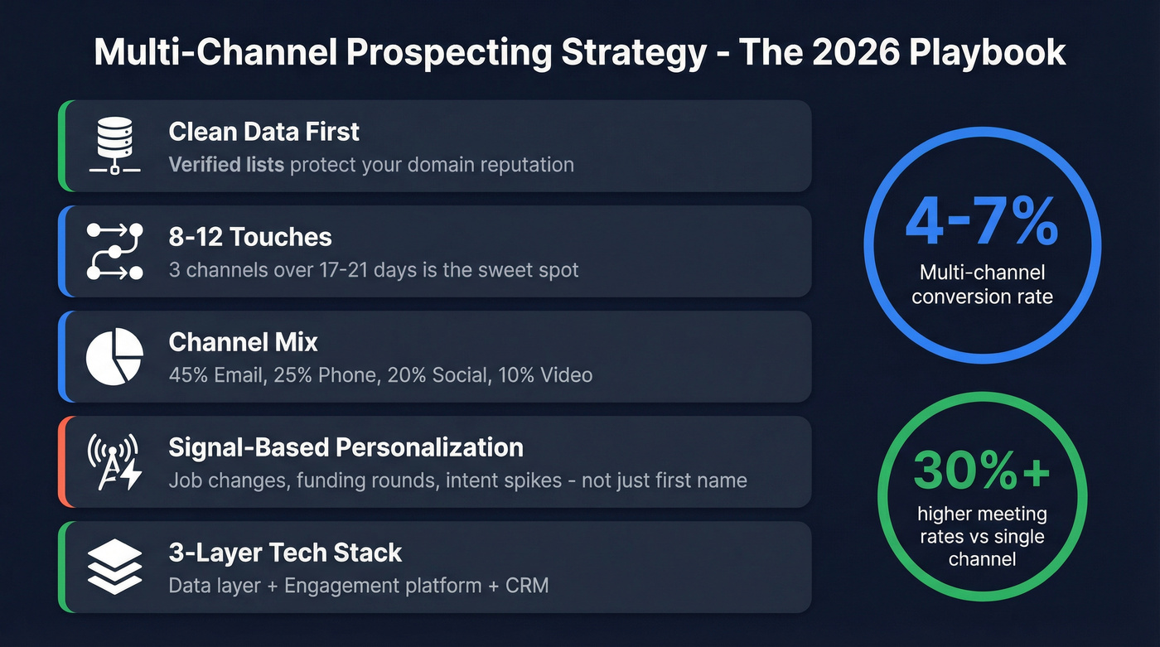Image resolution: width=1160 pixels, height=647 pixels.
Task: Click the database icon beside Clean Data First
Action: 114,146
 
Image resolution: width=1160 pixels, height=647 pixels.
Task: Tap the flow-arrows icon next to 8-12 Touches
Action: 114,251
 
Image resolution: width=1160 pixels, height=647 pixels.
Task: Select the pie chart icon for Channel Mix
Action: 114,356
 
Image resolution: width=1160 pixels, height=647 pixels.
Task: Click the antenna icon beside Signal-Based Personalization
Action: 114,461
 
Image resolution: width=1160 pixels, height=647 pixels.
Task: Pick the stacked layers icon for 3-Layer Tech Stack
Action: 114,567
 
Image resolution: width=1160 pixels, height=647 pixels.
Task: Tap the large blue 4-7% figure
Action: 982,221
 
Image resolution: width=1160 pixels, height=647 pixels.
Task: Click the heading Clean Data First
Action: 263,132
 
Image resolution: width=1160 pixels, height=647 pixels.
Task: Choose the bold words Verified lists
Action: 226,164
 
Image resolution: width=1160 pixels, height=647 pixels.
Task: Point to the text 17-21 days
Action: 399,269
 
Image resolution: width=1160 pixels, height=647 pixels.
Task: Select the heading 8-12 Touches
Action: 249,237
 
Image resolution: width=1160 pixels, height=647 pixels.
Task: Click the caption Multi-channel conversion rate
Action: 982,284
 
